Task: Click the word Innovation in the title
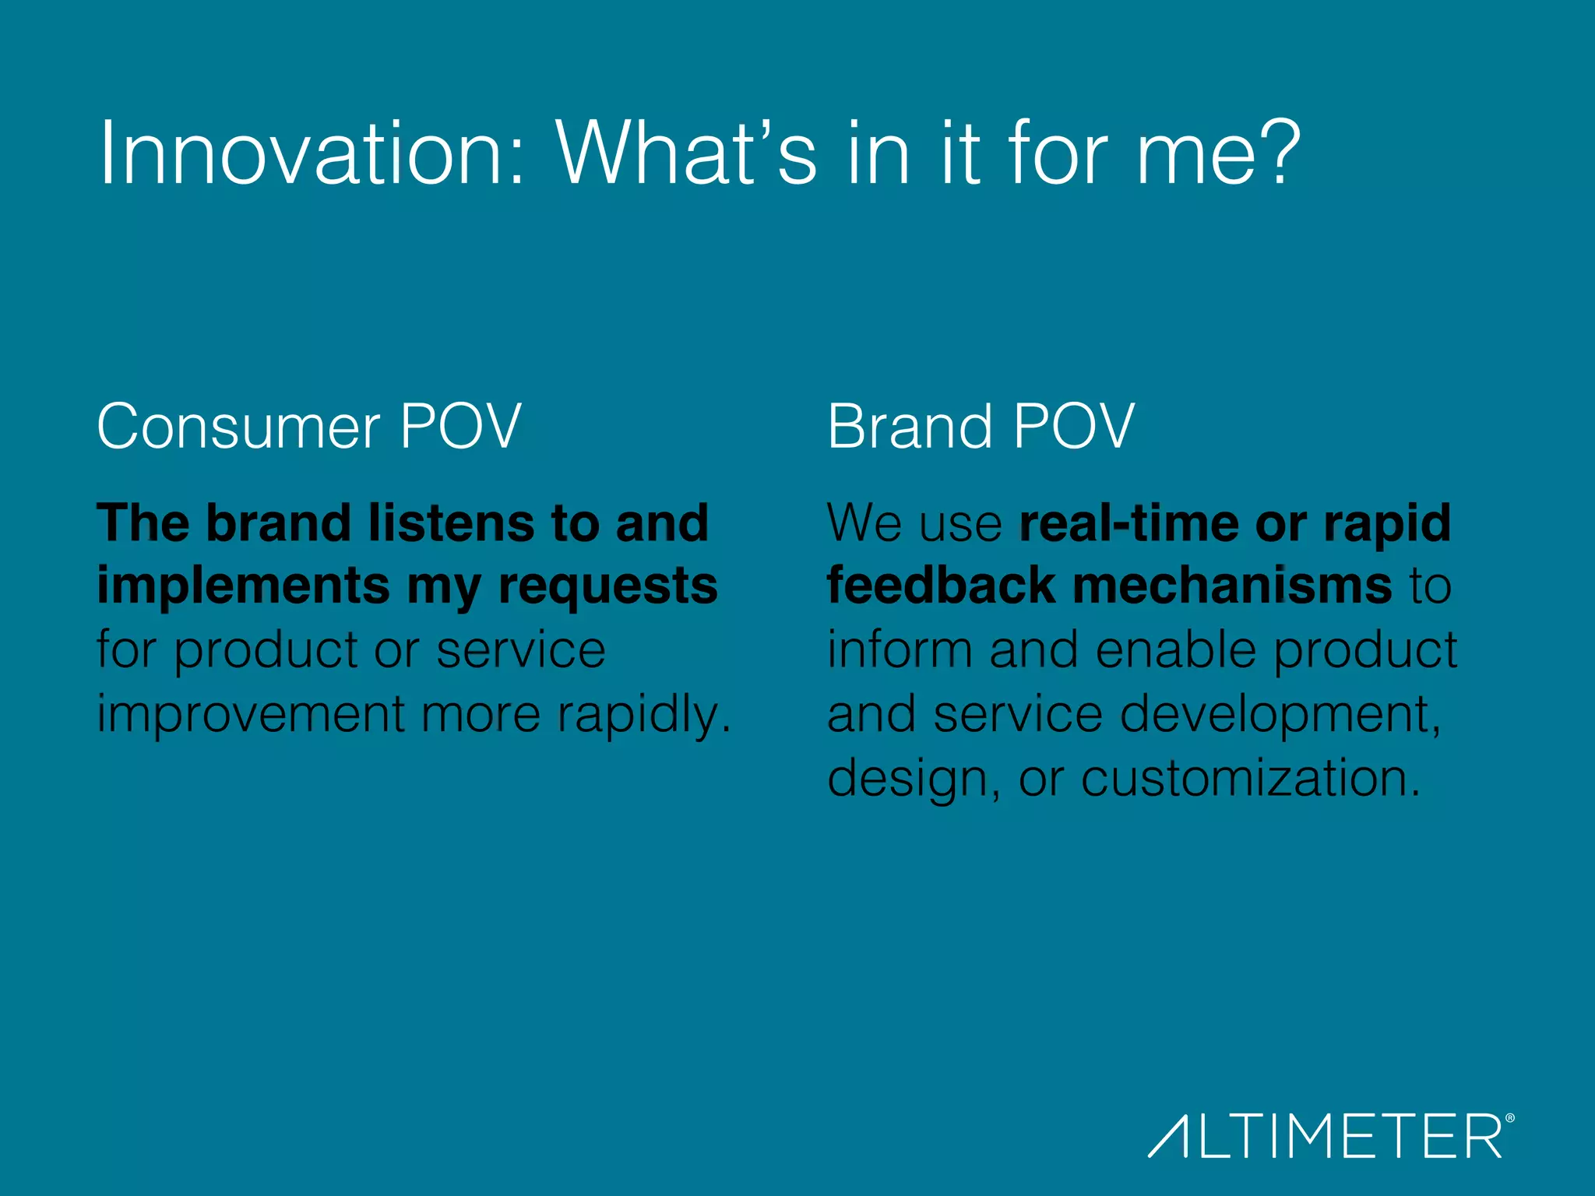(x=312, y=153)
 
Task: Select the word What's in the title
(x=685, y=153)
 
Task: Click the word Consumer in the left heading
(x=238, y=427)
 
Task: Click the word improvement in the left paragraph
(x=250, y=715)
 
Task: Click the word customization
(x=1250, y=779)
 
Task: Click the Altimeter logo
(x=1325, y=1136)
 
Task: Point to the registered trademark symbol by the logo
(x=1510, y=1118)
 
